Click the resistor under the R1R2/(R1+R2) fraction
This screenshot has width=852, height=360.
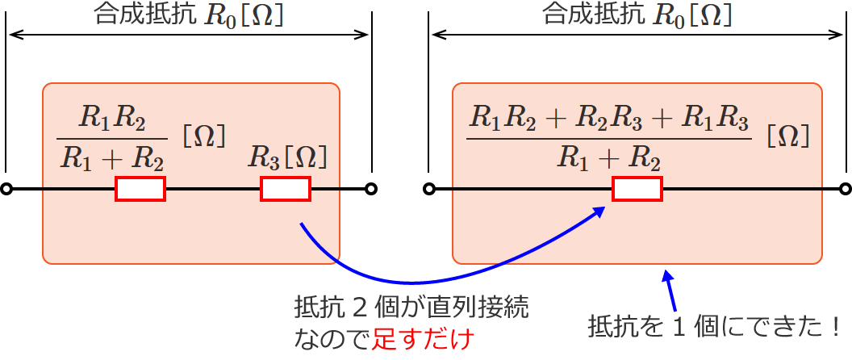pyautogui.click(x=140, y=190)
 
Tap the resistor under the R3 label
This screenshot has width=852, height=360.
pyautogui.click(x=286, y=190)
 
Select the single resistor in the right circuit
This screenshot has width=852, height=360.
pyautogui.click(x=637, y=190)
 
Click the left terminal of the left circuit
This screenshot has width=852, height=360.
pyautogui.click(x=6, y=190)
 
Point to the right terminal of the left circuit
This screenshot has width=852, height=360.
pyautogui.click(x=370, y=190)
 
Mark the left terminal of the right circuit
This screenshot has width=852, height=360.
pyautogui.click(x=430, y=190)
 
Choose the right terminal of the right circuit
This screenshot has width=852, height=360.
pyautogui.click(x=845, y=190)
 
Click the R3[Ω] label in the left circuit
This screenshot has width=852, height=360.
pyautogui.click(x=289, y=156)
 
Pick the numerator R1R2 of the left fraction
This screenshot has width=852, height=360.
pyautogui.click(x=112, y=119)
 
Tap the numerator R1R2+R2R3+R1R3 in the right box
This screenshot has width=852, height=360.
pyautogui.click(x=610, y=119)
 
